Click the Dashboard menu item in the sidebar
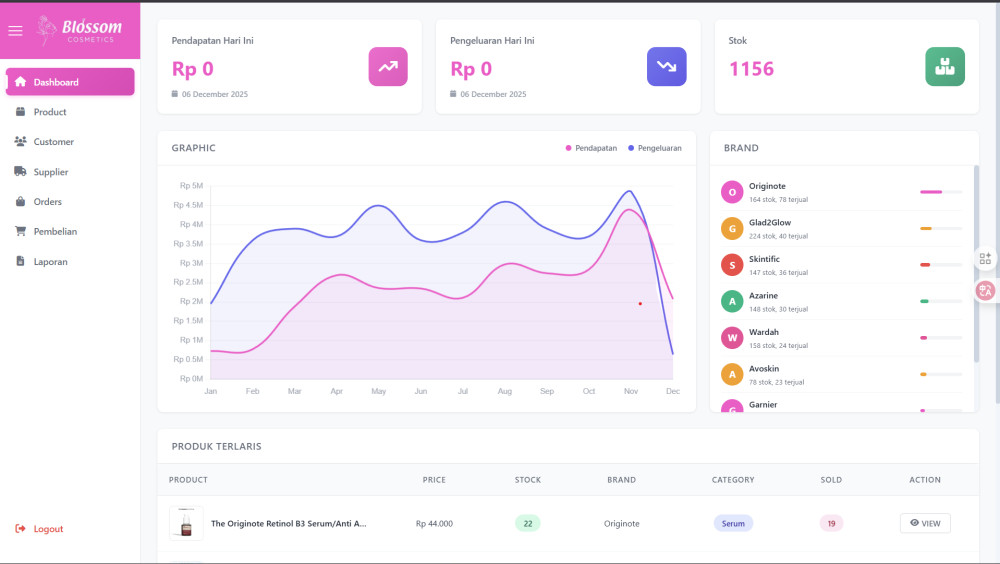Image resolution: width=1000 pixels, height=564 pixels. (x=55, y=82)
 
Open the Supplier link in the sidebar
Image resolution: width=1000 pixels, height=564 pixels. (x=50, y=172)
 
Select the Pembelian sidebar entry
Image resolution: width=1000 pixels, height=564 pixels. (x=54, y=231)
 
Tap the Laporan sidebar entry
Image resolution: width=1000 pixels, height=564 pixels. (x=50, y=262)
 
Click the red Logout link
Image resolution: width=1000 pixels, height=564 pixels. (x=47, y=529)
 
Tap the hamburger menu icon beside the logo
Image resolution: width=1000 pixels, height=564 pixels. (x=15, y=30)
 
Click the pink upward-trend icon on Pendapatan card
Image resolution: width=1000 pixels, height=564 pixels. (x=388, y=67)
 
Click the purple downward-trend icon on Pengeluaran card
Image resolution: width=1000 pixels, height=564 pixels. (x=666, y=67)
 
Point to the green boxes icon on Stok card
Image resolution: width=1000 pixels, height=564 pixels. (x=944, y=67)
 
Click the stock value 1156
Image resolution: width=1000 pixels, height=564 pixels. (x=751, y=69)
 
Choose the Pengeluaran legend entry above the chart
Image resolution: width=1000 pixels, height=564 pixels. (x=655, y=148)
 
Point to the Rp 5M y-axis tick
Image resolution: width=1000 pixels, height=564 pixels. (x=191, y=186)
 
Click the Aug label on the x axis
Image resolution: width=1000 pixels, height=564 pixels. (x=504, y=391)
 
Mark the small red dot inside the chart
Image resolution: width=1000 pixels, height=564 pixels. (x=640, y=303)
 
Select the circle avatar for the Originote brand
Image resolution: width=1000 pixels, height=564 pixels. (x=732, y=192)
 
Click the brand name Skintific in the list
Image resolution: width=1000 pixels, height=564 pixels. (x=764, y=259)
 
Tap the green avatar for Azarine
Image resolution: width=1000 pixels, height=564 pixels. (x=732, y=301)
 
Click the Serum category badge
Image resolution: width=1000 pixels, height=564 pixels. (x=733, y=523)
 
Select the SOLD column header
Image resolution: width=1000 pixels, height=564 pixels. (x=831, y=480)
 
